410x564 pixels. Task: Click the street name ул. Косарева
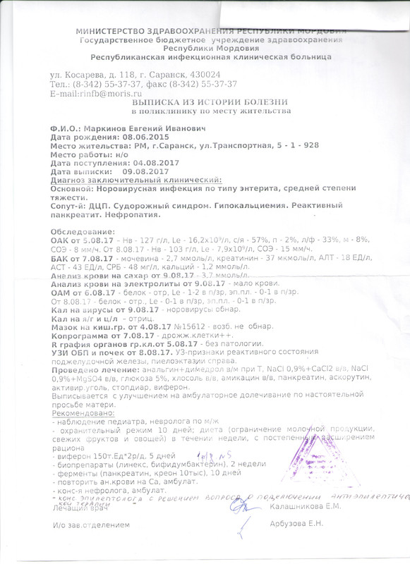tap(79, 74)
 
